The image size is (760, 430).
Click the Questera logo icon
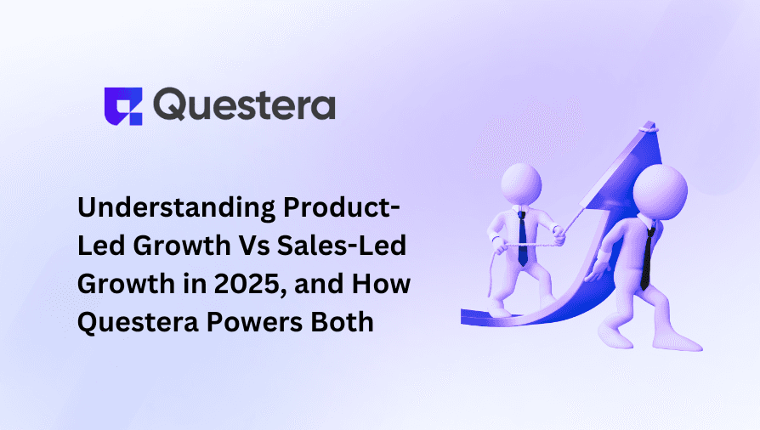[x=122, y=106]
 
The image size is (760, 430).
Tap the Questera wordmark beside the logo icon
[x=246, y=106]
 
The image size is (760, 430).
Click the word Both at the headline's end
[x=346, y=321]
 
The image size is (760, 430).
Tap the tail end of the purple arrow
[x=468, y=317]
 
